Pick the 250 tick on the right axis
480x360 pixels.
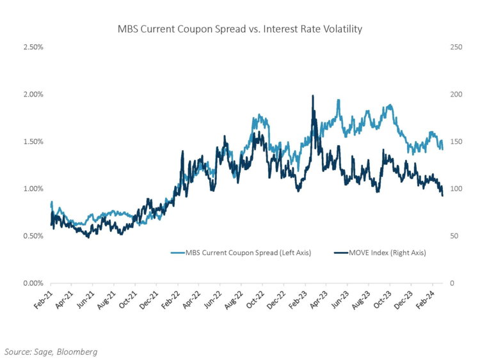tap(456, 47)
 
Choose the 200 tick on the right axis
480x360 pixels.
tap(456, 94)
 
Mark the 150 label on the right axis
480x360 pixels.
tap(456, 141)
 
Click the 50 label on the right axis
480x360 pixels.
tap(454, 236)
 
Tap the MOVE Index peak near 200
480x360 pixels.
tap(312, 96)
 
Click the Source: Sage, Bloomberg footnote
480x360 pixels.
tap(52, 351)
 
